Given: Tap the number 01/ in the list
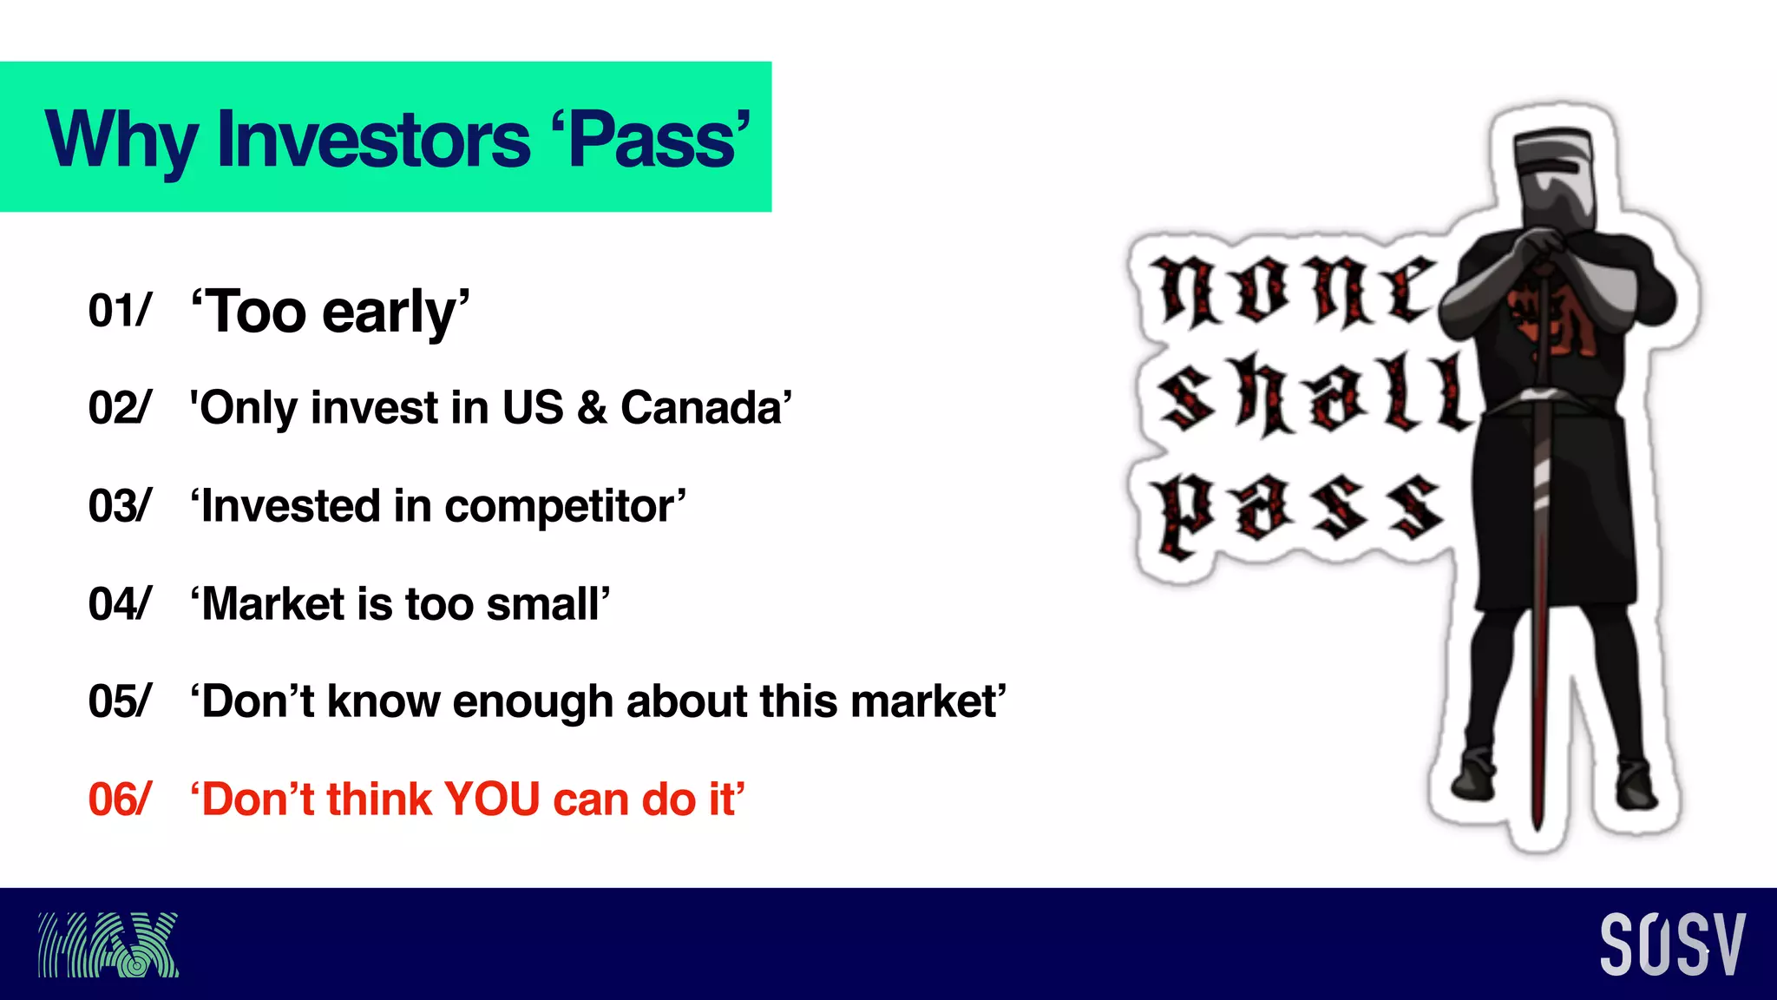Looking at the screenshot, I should [119, 311].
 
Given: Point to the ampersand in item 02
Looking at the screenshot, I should [592, 407].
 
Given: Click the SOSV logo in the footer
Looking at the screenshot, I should [1672, 944].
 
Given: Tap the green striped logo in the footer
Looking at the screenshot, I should [108, 944].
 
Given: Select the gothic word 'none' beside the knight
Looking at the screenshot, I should [1293, 291].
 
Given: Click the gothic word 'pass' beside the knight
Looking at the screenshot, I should [1297, 512].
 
